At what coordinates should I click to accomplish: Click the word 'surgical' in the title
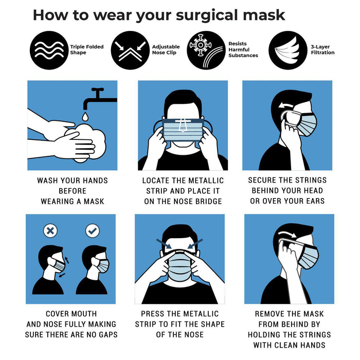[207, 15]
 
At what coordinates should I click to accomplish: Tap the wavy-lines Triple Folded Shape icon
[49, 50]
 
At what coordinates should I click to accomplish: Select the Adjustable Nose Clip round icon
[130, 50]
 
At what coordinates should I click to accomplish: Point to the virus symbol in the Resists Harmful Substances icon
[200, 45]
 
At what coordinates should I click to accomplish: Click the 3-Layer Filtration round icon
[288, 50]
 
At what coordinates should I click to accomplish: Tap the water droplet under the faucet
[85, 116]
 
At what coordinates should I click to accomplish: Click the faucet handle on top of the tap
[98, 89]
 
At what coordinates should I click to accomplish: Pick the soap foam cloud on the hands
[89, 142]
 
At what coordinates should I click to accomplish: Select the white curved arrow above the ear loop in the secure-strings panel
[286, 105]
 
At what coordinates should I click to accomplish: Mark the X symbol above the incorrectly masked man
[50, 231]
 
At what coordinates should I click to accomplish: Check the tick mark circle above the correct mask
[93, 231]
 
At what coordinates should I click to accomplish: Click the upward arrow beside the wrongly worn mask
[67, 260]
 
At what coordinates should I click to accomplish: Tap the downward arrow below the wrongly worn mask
[62, 275]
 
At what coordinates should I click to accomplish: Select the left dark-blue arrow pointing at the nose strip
[164, 244]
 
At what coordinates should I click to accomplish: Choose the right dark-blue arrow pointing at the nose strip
[195, 244]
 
